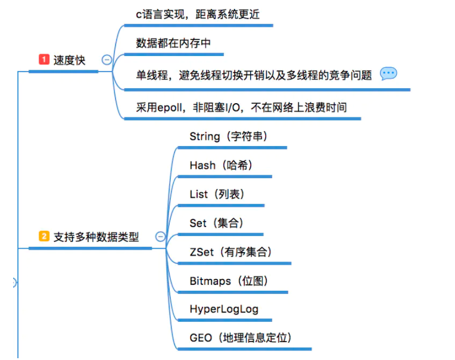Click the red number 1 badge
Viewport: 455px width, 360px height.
click(x=43, y=60)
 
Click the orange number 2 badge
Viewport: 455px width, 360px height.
click(x=43, y=237)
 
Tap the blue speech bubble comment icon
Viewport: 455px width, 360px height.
click(x=388, y=73)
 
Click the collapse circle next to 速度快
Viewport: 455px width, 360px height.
click(x=107, y=60)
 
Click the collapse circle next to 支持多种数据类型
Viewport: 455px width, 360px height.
click(x=160, y=237)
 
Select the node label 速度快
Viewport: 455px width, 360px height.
click(x=69, y=60)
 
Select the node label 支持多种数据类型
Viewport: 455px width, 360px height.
click(x=96, y=237)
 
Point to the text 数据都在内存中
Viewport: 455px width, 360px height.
click(x=173, y=44)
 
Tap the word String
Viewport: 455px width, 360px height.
click(x=205, y=136)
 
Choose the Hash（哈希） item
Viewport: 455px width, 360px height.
click(x=221, y=166)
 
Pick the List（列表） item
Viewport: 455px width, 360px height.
click(x=217, y=194)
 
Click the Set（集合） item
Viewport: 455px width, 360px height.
click(x=216, y=224)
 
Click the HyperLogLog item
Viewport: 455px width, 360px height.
click(x=223, y=310)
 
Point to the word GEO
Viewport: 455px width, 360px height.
click(x=201, y=339)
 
